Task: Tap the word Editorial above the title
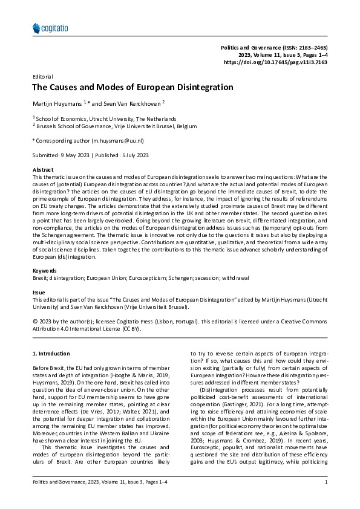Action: [42, 77]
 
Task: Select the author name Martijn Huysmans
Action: [57, 103]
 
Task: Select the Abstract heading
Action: [43, 171]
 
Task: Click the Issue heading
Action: [38, 291]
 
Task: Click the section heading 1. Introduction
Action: [53, 352]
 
